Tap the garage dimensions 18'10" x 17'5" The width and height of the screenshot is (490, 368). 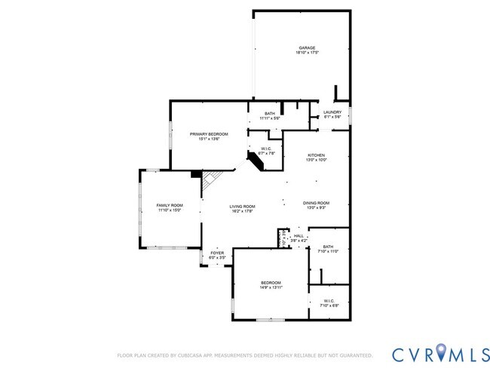click(305, 53)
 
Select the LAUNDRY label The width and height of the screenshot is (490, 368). click(332, 112)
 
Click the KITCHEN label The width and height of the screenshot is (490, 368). click(317, 155)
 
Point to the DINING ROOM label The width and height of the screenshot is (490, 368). click(317, 202)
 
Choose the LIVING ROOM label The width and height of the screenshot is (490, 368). click(243, 207)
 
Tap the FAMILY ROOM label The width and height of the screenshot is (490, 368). click(170, 205)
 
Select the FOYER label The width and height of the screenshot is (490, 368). click(217, 254)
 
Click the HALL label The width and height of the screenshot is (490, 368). click(299, 236)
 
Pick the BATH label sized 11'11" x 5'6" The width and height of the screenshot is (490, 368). click(270, 113)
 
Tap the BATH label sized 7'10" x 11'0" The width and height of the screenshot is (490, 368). click(328, 246)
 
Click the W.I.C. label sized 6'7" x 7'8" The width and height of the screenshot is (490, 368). click(266, 149)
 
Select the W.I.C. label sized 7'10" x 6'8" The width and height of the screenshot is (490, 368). click(329, 301)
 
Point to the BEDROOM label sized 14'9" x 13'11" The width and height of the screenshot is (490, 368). click(271, 282)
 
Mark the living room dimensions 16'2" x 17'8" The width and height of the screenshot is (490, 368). click(243, 211)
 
